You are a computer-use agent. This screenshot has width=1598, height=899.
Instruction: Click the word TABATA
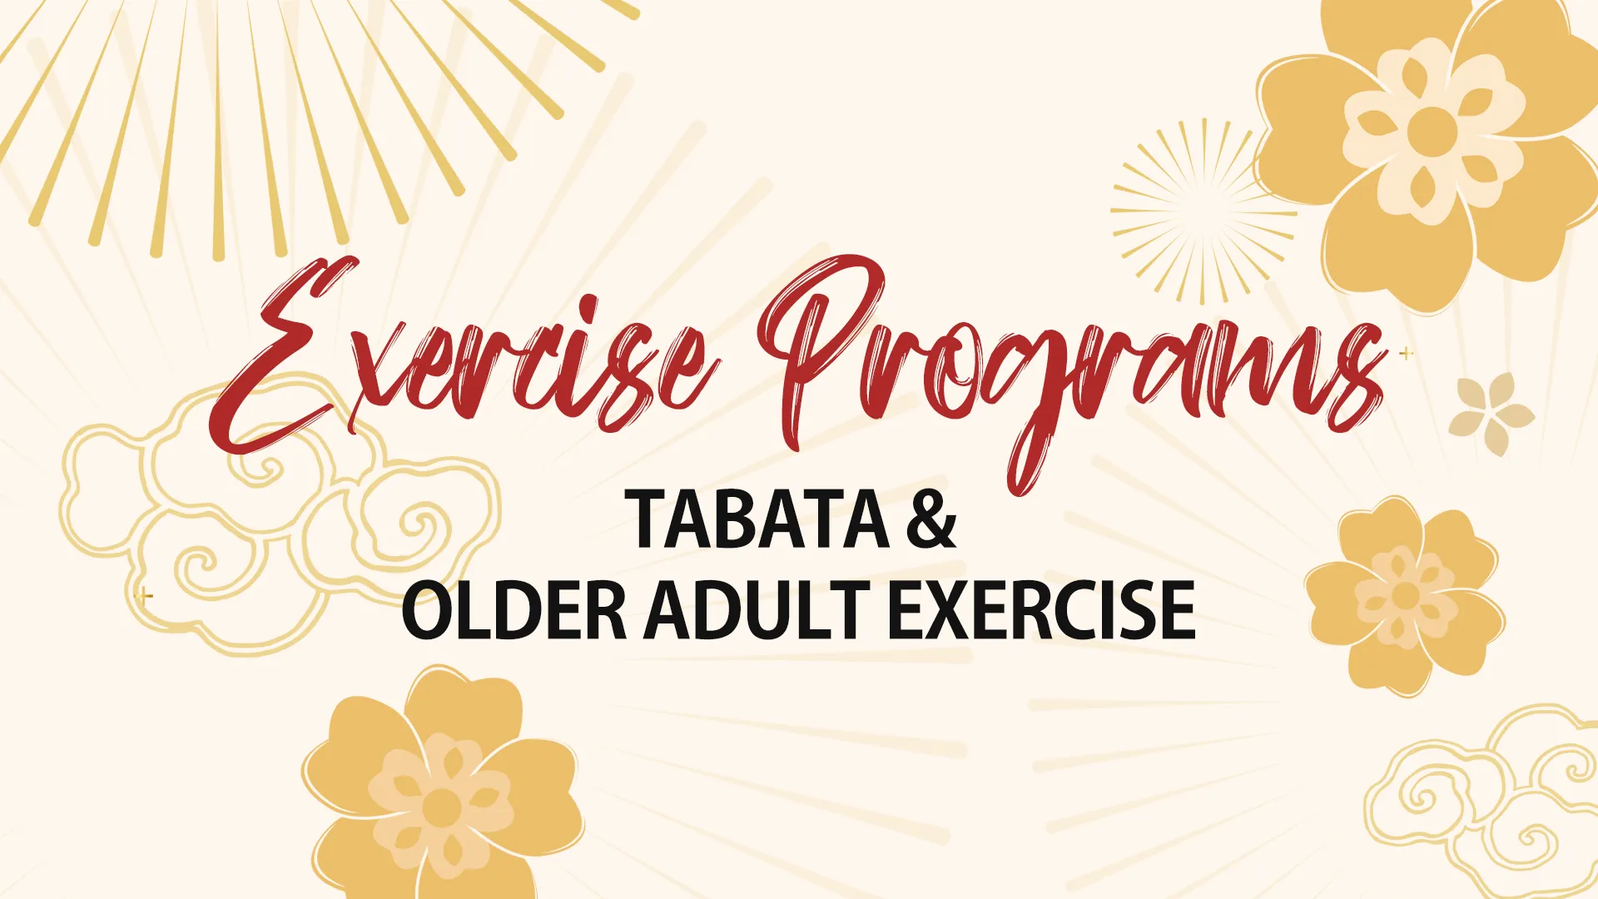757,519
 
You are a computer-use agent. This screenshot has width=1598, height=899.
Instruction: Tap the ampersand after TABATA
931,519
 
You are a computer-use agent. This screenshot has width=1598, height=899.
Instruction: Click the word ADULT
757,610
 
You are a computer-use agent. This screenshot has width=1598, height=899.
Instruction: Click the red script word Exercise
466,366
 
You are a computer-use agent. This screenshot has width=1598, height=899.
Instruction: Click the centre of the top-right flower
1432,131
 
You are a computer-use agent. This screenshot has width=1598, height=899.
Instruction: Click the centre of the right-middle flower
1406,596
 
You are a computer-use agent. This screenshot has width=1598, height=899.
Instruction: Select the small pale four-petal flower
1491,414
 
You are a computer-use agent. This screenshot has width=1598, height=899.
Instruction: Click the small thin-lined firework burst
1203,211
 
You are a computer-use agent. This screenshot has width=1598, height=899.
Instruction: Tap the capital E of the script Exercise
283,358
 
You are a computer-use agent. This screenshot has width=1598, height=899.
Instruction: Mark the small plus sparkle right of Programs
1407,354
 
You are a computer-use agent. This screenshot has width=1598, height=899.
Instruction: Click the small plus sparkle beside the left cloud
146,596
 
